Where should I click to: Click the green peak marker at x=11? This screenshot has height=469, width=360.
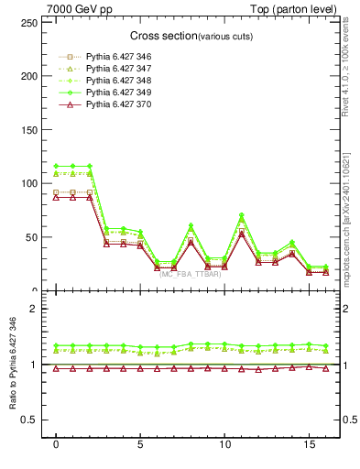(242, 215)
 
